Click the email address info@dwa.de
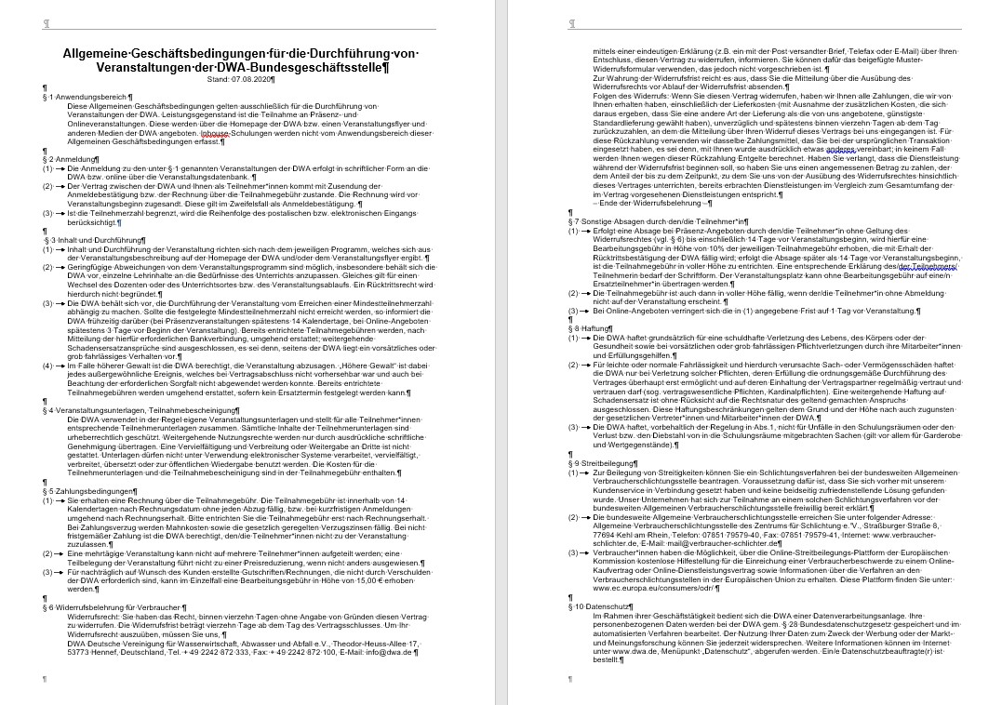pyautogui.click(x=394, y=653)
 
